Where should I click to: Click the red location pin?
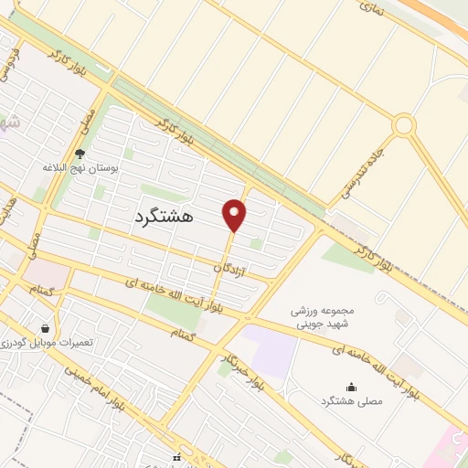235,216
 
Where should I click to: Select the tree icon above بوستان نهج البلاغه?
80,154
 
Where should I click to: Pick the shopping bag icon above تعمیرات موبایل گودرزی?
45,328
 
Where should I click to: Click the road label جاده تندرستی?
370,163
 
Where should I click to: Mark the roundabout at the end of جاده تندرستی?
404,124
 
